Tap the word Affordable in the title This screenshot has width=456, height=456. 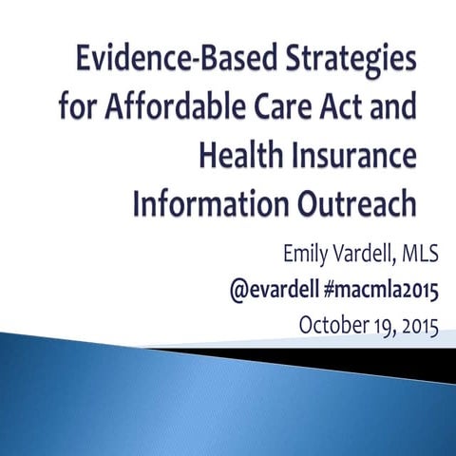pyautogui.click(x=184, y=110)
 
